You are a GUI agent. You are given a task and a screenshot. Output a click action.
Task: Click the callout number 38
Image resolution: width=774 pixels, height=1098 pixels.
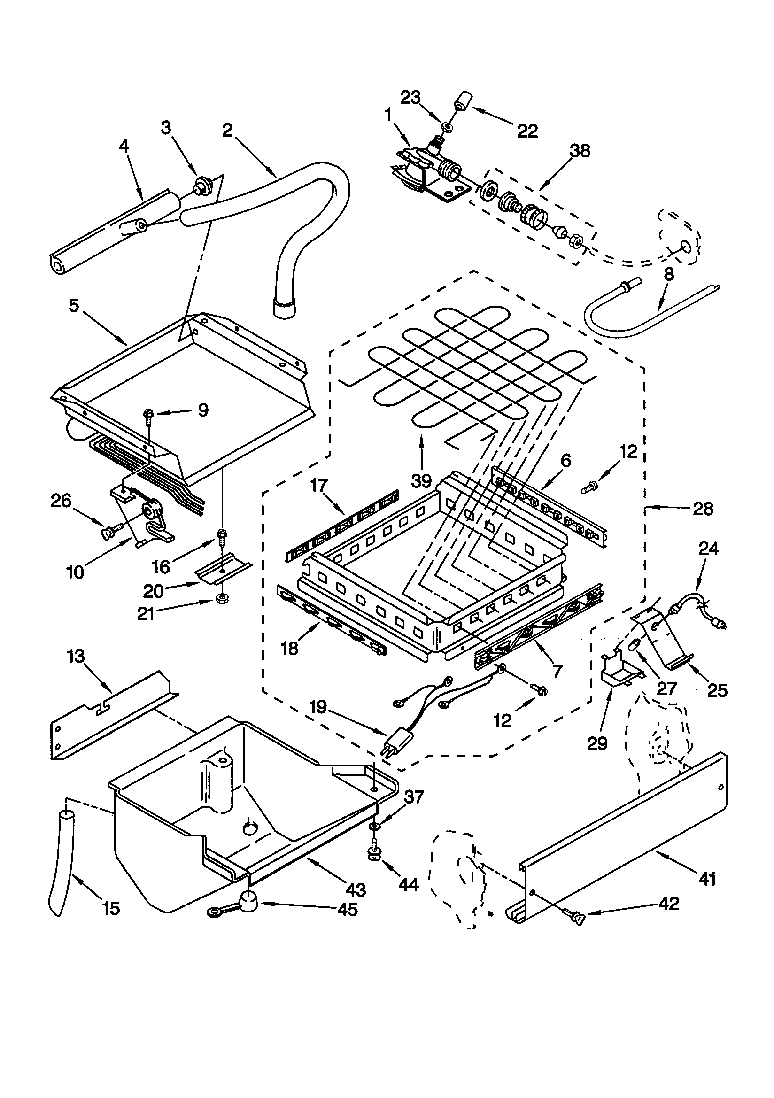[x=580, y=151]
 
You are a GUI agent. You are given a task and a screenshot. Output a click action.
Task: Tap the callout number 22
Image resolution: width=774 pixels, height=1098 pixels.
[x=527, y=131]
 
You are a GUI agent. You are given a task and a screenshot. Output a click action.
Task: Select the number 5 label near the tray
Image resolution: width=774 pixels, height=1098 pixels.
[x=73, y=306]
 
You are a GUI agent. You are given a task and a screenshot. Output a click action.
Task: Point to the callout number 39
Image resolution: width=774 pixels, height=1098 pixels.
[x=421, y=480]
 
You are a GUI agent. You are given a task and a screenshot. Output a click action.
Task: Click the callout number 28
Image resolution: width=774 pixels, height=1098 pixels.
[x=703, y=508]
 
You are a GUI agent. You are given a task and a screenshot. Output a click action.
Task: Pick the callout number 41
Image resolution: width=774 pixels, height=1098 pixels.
[x=707, y=879]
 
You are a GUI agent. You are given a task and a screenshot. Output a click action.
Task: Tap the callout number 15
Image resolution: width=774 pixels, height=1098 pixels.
[x=111, y=908]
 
